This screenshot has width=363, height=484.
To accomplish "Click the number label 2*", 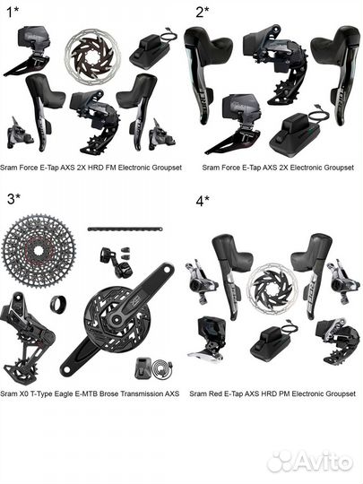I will pos(201,12).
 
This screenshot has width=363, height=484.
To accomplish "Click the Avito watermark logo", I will pos(309,461).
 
